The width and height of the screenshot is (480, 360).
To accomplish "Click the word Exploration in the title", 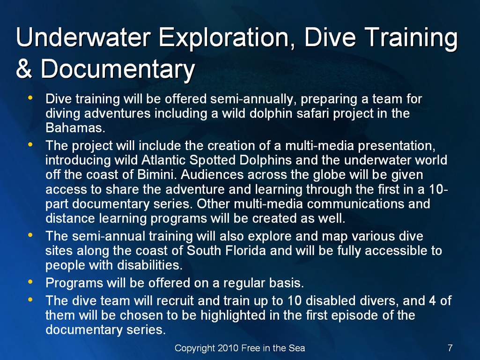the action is [223, 38].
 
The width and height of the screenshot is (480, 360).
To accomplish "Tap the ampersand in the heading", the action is [24, 68].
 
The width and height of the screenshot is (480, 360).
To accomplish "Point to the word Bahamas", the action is [75, 128].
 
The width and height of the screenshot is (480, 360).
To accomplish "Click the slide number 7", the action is [450, 348].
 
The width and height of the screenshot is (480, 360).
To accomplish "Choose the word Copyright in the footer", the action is [195, 348].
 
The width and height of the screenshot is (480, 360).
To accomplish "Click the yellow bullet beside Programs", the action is [30, 281].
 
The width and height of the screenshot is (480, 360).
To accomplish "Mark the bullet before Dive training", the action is [30, 98].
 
